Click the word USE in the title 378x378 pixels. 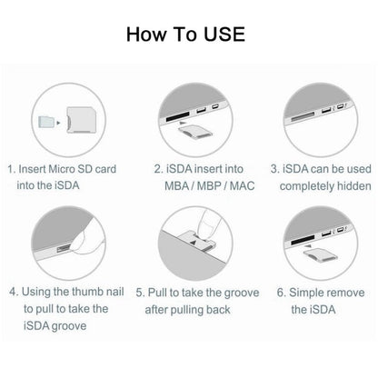coord(224,34)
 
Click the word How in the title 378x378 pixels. coord(146,34)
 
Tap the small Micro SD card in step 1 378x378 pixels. coord(46,122)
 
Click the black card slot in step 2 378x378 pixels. coord(178,116)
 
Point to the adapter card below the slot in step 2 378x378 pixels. coord(195,131)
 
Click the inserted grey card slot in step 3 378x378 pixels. coord(303,117)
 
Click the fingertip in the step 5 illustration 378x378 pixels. coord(209,224)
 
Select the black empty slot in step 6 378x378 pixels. coord(303,240)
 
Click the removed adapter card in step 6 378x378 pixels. coord(321,254)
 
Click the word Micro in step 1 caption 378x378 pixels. coord(62,169)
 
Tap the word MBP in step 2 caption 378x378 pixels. coord(209,185)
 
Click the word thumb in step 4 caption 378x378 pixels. coord(87,292)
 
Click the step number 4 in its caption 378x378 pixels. coord(13,292)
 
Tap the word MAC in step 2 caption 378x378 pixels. coord(243,185)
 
